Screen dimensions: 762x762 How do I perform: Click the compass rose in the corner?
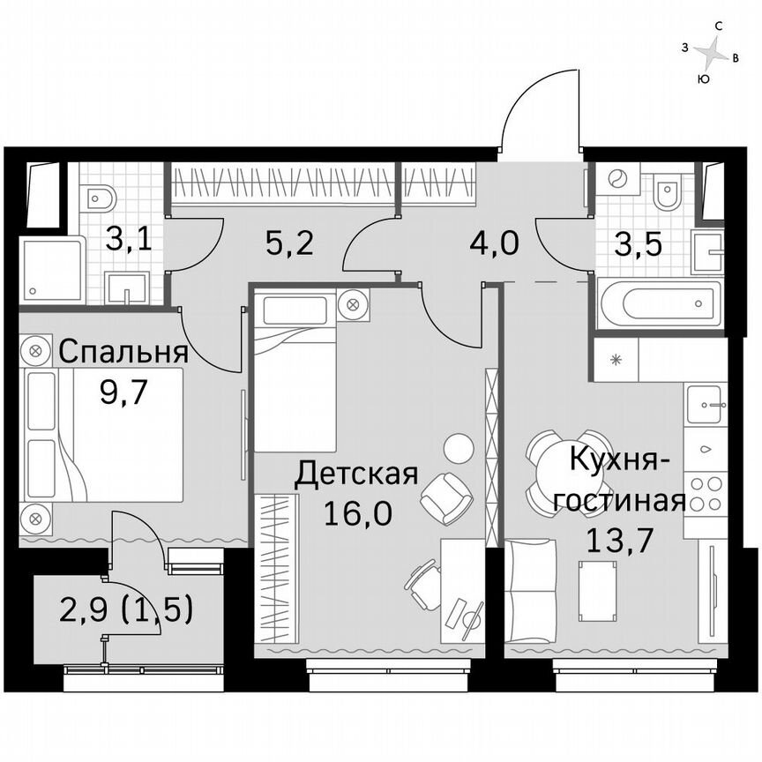tap(711, 54)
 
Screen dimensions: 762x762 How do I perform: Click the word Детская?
tap(355, 474)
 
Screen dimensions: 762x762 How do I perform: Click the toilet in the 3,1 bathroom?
tap(96, 195)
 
